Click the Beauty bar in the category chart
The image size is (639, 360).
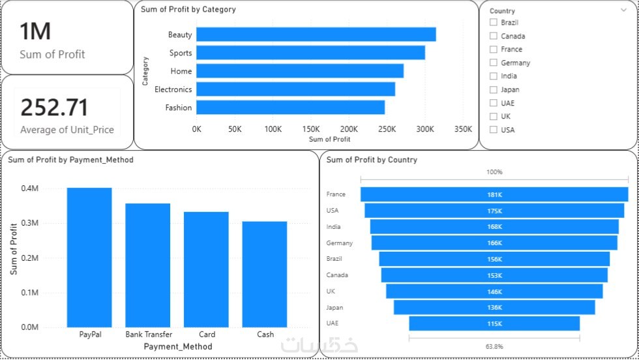[316, 35]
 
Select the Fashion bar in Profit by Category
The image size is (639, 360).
[290, 108]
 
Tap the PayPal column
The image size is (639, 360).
[89, 257]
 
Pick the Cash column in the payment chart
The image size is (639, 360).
[265, 274]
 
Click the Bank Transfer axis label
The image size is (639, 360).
[149, 335]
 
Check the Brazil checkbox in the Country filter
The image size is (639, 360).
[494, 23]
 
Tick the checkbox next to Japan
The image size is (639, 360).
[494, 89]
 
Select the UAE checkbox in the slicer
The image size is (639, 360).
[494, 103]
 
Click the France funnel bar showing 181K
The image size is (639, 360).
[494, 194]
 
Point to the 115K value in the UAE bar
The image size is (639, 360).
[494, 324]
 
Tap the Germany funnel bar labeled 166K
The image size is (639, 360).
[494, 243]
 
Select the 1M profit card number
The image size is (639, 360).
[35, 31]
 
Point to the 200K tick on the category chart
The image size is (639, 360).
[349, 129]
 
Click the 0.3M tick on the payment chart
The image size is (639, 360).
[29, 223]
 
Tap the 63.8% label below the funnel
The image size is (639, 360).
[494, 346]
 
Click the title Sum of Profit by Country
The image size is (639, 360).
[372, 160]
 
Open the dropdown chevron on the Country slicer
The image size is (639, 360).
[624, 10]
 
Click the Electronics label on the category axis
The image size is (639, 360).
[173, 89]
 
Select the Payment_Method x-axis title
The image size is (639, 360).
[178, 346]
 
